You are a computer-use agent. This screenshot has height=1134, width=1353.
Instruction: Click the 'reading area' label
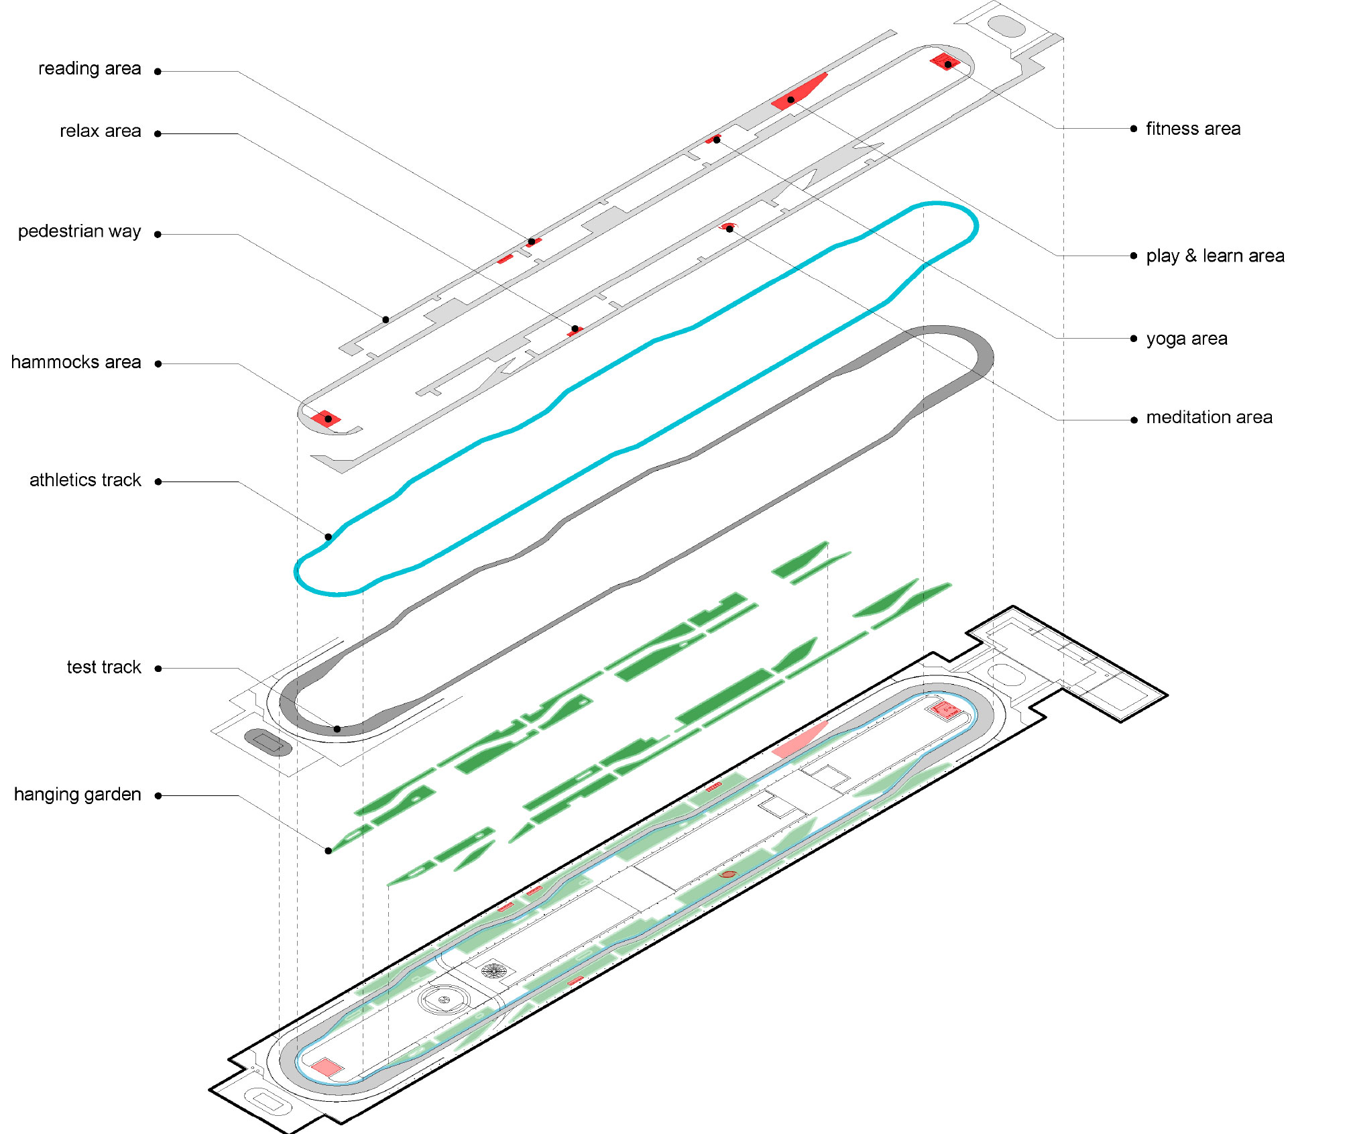tap(90, 69)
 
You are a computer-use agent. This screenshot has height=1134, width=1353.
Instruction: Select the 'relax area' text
tap(101, 131)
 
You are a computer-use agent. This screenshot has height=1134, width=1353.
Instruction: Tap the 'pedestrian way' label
tap(80, 232)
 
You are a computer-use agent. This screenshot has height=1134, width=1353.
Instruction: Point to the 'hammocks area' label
tap(76, 363)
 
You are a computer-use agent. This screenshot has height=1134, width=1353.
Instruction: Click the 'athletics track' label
tap(86, 480)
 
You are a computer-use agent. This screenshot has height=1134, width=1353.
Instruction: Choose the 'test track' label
tap(104, 667)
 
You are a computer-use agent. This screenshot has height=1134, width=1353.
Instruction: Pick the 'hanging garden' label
tap(78, 795)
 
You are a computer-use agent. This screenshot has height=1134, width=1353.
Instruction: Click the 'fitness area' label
tap(1193, 129)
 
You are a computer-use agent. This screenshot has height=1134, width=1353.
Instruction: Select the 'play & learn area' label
tap(1216, 256)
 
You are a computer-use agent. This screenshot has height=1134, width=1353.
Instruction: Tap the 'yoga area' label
tap(1187, 339)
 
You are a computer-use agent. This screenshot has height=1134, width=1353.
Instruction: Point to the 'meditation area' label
tap(1210, 418)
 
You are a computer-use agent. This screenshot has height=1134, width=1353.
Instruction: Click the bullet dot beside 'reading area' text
tap(158, 72)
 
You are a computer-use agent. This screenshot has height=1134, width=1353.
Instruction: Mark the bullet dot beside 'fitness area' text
tap(1134, 129)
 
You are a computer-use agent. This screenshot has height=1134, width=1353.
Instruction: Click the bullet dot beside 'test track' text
tap(158, 669)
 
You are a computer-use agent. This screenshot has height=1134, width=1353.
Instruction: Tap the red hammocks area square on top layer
tap(326, 419)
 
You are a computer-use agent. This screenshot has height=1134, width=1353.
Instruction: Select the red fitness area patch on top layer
tap(945, 62)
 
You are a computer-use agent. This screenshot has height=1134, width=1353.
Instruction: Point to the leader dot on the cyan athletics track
tap(329, 536)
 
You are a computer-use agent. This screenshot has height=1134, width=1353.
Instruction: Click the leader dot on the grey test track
tap(337, 729)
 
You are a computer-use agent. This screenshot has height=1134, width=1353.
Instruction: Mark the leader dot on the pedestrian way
tap(386, 320)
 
